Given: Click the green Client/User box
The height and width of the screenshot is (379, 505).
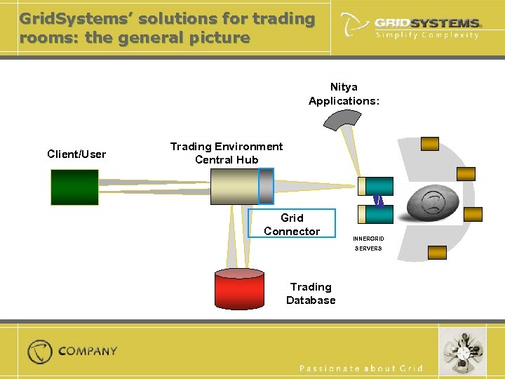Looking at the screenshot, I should (74, 187).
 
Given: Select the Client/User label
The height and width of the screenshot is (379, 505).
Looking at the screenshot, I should (76, 154).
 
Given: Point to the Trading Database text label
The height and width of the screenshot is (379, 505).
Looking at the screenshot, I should (311, 293).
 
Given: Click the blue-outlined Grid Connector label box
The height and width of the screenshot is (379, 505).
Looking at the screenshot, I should (291, 225).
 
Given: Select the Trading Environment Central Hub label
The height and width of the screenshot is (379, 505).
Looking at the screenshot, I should (227, 153).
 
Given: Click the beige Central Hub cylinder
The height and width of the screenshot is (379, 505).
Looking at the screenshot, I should (235, 187).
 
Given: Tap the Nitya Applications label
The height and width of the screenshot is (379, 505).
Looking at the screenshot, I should (344, 94).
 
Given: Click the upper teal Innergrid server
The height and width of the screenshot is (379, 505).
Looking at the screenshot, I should (375, 186).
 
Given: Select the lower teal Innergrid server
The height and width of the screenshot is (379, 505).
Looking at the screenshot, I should (375, 213).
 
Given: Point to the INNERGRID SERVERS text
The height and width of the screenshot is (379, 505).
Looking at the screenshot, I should (368, 244).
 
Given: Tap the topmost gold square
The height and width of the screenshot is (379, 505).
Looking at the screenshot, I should (429, 144).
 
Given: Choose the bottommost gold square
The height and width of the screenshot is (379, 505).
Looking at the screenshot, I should (437, 253).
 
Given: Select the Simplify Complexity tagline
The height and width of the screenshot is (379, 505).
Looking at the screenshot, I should (427, 35).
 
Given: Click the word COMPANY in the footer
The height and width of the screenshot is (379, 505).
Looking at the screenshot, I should (88, 351).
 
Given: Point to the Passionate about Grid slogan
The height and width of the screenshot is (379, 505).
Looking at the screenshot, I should (361, 368).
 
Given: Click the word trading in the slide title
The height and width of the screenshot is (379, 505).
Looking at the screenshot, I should (285, 19).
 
